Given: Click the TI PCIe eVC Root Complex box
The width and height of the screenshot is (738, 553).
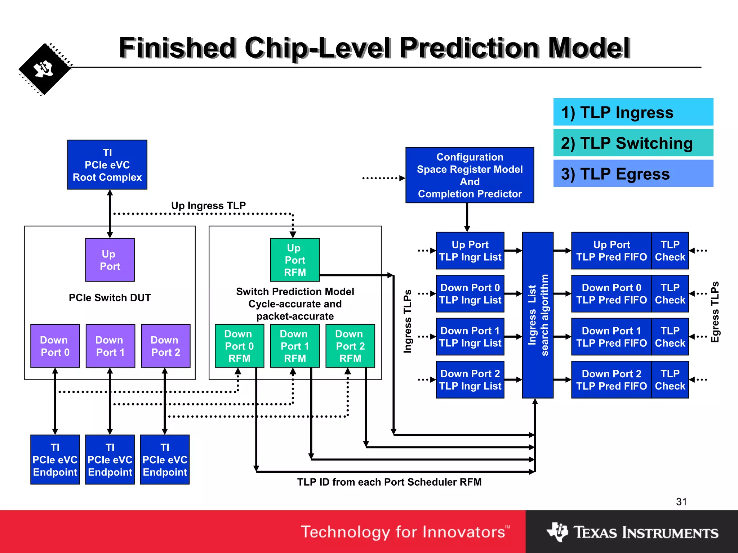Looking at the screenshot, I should (x=107, y=165).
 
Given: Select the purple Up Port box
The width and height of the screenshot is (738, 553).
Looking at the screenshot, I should (x=110, y=260).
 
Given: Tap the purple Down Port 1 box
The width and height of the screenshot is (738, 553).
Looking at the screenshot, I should (x=110, y=346).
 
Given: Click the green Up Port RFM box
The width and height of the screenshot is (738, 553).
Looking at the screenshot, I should (x=295, y=260).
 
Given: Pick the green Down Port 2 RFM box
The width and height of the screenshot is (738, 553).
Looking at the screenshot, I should (x=350, y=346).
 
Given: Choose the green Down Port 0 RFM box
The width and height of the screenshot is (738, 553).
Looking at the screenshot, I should (x=239, y=346).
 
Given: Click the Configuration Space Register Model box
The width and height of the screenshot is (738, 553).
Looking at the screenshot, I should (x=470, y=175).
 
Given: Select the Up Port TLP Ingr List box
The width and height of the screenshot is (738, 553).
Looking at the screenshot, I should (x=470, y=251).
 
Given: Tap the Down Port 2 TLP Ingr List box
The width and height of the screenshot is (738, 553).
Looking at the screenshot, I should (x=470, y=380).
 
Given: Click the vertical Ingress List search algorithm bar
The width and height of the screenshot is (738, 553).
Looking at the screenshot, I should (x=538, y=315).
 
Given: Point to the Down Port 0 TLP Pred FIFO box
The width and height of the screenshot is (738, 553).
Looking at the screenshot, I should (x=611, y=294).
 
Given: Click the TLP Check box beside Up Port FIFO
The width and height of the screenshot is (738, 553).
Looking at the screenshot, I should (x=670, y=251).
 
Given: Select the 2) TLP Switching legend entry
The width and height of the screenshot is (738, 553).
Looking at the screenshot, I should (x=633, y=143).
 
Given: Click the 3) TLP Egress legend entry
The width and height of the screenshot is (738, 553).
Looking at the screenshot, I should (x=633, y=174).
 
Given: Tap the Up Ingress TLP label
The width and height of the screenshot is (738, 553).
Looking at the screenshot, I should (x=208, y=206).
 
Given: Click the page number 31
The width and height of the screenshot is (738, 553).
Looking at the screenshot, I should (x=681, y=502).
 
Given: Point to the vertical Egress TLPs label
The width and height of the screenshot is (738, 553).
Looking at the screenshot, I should (x=715, y=312).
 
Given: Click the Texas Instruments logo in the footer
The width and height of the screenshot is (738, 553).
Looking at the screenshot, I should (x=632, y=532).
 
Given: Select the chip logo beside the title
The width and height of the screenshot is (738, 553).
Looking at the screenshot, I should (x=45, y=69).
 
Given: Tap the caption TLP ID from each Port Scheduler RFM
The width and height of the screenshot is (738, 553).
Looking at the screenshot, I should (x=389, y=482).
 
